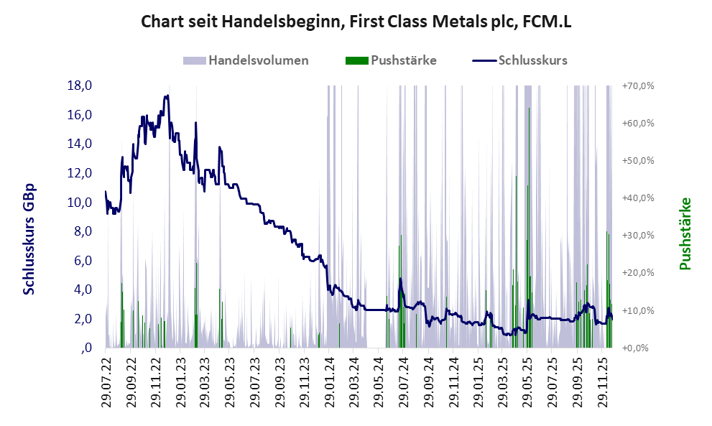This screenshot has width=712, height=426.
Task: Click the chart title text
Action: point(356,22)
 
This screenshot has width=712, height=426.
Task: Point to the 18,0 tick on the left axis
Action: point(80,85)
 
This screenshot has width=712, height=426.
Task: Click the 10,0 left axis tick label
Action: point(80,202)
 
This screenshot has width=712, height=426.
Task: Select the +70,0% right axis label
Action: point(637,85)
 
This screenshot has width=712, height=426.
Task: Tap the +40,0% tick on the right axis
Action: point(637,198)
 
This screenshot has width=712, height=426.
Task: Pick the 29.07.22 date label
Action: point(106,381)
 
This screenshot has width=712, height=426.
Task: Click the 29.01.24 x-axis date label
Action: point(329,381)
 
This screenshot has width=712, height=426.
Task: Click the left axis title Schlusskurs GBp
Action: point(29,239)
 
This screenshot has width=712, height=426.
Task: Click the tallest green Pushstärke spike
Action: point(530,109)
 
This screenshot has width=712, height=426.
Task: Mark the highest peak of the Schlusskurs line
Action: point(167,96)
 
